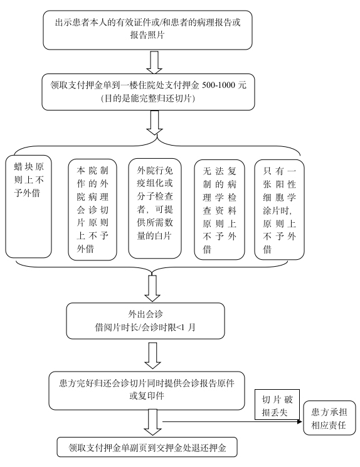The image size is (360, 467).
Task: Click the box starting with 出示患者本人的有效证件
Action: pos(147,30)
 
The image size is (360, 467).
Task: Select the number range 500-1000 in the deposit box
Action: pos(220,85)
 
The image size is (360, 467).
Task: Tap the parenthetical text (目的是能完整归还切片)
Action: pos(148,99)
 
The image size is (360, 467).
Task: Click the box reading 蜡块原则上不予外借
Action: pos(29,207)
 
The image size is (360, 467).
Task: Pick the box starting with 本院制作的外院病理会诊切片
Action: pos(92,210)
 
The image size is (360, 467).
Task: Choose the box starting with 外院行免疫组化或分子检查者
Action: pos(155,208)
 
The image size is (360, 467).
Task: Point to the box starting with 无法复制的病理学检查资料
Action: pos(220,210)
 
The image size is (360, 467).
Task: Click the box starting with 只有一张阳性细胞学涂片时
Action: pos(279,210)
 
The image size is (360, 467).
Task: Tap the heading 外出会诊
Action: pos(146,314)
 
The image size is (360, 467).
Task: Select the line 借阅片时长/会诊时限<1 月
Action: pos(145,327)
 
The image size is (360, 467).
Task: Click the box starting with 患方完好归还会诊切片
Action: pos(147,390)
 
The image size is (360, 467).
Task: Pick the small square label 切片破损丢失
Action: pos(277,404)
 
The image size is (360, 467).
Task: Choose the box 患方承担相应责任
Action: pos(329,418)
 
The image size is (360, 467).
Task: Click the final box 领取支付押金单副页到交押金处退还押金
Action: pos(147,447)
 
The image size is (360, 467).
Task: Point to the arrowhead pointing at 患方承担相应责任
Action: pos(300,422)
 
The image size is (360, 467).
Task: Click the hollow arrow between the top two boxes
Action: pos(154,62)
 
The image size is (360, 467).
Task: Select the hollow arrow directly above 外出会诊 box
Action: pos(152,288)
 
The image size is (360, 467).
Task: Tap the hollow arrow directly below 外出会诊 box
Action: pos(152,356)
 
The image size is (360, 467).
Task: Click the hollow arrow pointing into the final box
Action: pos(152,422)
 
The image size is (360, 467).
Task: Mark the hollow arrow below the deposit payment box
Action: pos(154,122)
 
